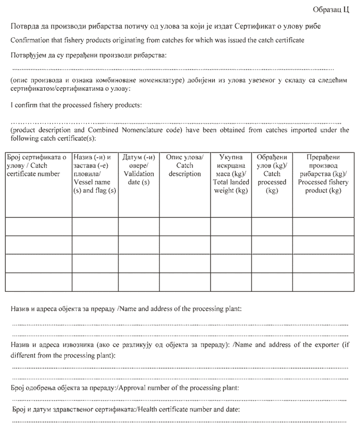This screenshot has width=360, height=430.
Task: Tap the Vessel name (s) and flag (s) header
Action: tap(95, 174)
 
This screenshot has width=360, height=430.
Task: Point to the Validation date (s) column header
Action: tap(138, 169)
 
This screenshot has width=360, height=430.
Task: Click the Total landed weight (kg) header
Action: tap(231, 174)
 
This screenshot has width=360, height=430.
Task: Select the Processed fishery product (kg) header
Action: tap(323, 174)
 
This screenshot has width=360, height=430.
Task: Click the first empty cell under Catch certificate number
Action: tap(38, 226)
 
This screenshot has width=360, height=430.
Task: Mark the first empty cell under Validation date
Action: tap(138, 226)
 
